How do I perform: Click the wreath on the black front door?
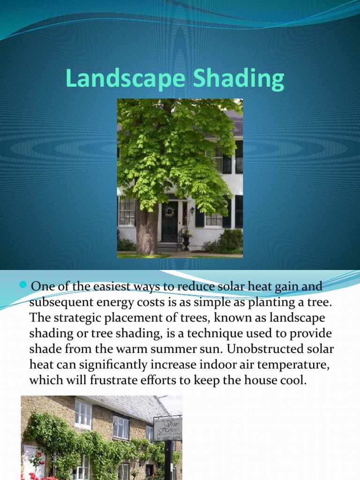point(169,212)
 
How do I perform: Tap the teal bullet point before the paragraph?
point(25,285)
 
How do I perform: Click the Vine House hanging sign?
point(167,428)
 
